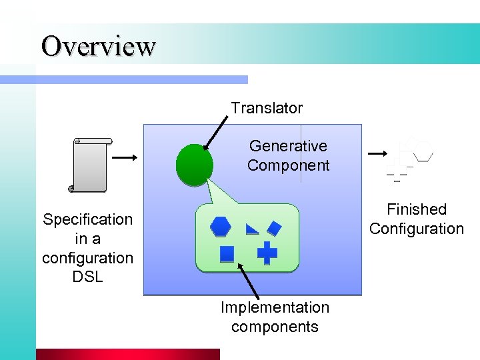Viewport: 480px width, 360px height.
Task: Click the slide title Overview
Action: [98, 46]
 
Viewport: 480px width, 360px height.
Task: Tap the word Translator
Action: [267, 108]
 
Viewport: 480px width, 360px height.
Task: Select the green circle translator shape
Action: [194, 164]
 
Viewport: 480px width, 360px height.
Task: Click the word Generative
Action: [288, 146]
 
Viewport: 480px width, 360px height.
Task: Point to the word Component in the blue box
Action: [288, 165]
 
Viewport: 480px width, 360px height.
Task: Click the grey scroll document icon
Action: [91, 165]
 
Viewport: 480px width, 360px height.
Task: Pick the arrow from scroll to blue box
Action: [124, 157]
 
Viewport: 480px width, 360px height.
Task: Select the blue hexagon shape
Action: [220, 227]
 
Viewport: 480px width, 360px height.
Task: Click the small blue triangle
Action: [252, 230]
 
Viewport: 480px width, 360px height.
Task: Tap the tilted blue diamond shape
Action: [274, 228]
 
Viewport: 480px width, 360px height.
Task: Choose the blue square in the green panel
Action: [227, 254]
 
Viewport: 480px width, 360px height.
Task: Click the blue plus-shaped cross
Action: [267, 253]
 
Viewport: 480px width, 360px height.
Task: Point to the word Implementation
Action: [275, 308]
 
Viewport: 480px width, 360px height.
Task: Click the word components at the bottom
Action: [275, 327]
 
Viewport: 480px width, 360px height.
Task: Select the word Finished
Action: [417, 209]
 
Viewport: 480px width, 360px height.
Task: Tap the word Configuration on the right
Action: [417, 229]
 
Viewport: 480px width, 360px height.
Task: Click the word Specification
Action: [87, 219]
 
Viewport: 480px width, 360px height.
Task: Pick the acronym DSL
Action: [87, 276]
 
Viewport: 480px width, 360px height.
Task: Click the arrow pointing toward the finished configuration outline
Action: [377, 153]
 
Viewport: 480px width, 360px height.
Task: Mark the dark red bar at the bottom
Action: [127, 354]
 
